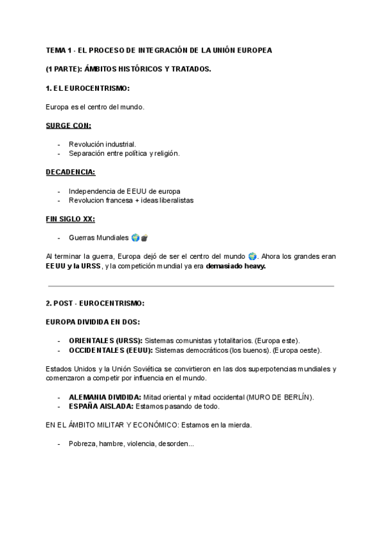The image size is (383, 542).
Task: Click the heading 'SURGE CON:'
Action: coord(68,125)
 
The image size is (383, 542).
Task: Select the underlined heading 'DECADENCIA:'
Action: coord(71,172)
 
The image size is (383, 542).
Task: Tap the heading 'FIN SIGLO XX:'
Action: coord(70,219)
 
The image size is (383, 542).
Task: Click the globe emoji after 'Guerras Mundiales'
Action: coord(135,238)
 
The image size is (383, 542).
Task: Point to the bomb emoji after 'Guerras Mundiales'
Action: coord(144,238)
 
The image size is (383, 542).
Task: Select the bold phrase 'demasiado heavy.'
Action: coord(235,266)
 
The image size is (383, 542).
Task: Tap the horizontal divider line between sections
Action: coord(191,286)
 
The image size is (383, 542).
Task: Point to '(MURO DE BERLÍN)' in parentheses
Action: coord(280,397)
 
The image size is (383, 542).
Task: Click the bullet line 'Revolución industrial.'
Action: coord(102,144)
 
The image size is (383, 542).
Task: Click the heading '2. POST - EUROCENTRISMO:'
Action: coord(95,303)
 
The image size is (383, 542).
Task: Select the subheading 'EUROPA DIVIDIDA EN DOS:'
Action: coord(93,321)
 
